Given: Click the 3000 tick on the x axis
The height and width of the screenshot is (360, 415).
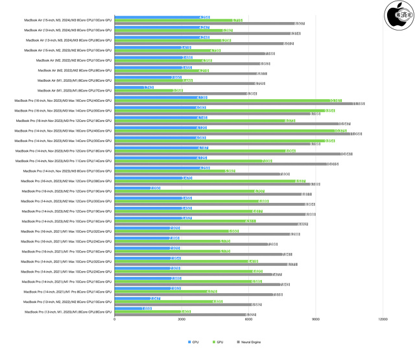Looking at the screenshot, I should click(182, 319).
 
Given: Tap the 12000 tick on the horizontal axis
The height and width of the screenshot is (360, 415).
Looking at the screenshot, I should click(383, 319).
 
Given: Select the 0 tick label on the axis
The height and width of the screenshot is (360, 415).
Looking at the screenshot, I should click(115, 319).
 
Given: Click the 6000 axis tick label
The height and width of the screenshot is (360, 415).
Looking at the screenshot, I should click(248, 319).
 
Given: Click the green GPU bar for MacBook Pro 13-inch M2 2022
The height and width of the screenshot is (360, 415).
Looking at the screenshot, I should click(169, 302).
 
